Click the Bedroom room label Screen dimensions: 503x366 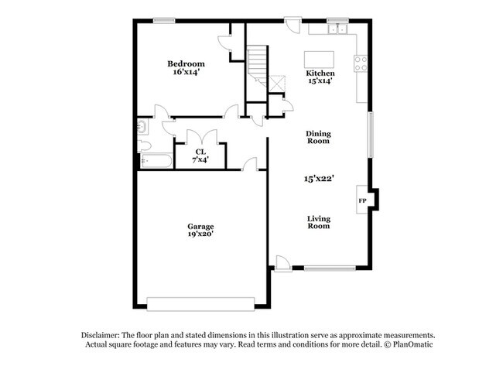(186, 63)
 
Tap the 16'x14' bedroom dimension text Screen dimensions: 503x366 (186, 72)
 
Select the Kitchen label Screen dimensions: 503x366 (320, 74)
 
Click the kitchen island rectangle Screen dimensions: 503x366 (319, 60)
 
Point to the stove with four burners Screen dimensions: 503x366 (361, 63)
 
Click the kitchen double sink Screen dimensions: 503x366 (337, 29)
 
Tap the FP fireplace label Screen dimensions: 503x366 (362, 201)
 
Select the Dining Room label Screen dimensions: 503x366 (318, 137)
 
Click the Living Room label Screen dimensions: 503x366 (319, 222)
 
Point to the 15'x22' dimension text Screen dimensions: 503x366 (319, 179)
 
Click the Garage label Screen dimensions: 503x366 (200, 227)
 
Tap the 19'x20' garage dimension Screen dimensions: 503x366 (201, 234)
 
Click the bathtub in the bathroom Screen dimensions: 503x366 (156, 161)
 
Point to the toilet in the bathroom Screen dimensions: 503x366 (144, 146)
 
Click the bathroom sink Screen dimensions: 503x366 (142, 127)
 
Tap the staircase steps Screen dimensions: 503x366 (257, 66)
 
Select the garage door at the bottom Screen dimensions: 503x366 (200, 304)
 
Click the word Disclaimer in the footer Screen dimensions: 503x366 (101, 336)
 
